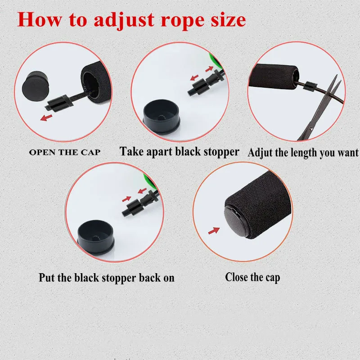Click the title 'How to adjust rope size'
pyautogui.click(x=132, y=19)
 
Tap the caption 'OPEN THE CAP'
pyautogui.click(x=65, y=152)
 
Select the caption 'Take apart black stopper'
pyautogui.click(x=179, y=152)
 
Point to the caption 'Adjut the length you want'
pyautogui.click(x=303, y=153)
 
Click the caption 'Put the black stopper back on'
pyautogui.click(x=106, y=277)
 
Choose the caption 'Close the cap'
pyautogui.click(x=252, y=277)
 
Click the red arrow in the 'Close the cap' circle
pyautogui.click(x=214, y=231)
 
